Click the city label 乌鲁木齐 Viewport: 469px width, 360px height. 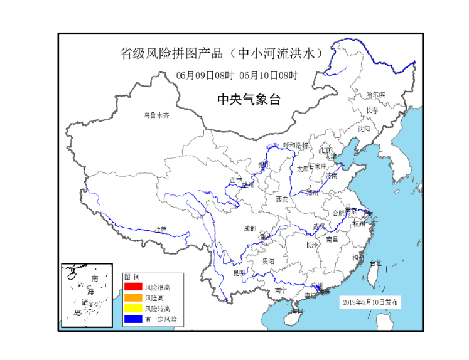156,115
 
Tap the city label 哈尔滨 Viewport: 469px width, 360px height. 375,94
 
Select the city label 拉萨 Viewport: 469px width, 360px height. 161,229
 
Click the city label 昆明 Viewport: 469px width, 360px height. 239,273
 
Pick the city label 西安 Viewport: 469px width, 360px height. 281,199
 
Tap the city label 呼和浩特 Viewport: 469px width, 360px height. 296,146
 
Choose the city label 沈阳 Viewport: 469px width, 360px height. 364,128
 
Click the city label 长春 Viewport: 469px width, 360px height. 372,110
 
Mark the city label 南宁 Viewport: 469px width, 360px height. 281,290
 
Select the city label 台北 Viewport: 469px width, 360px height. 375,263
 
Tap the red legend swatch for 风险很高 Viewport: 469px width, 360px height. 132,287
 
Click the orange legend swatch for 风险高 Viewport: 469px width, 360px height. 132,298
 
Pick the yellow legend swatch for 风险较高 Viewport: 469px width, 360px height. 132,309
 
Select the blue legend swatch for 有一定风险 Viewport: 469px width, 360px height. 132,319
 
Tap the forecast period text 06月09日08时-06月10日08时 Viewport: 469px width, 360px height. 237,75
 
